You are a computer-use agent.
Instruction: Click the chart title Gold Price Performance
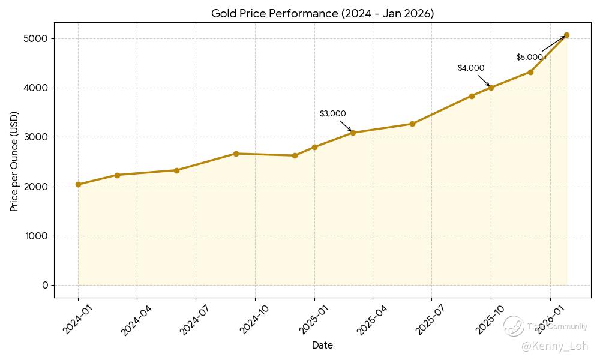tap(322, 13)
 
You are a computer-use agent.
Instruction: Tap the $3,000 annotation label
tap(332, 114)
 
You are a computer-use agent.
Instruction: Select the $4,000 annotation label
tap(471, 68)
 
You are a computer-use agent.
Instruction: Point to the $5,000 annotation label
tap(530, 58)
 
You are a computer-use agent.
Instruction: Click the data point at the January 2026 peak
tap(566, 35)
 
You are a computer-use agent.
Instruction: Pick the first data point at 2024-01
tap(78, 184)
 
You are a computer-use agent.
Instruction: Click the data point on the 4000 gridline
tap(491, 88)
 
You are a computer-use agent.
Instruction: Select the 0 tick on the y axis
tap(44, 285)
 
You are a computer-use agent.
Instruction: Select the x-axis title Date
tap(322, 346)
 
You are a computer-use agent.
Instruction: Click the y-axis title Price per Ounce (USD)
tap(14, 161)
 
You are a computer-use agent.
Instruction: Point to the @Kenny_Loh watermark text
tap(554, 346)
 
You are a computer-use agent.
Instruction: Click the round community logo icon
tap(514, 326)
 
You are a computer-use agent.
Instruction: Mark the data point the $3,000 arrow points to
tap(353, 133)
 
